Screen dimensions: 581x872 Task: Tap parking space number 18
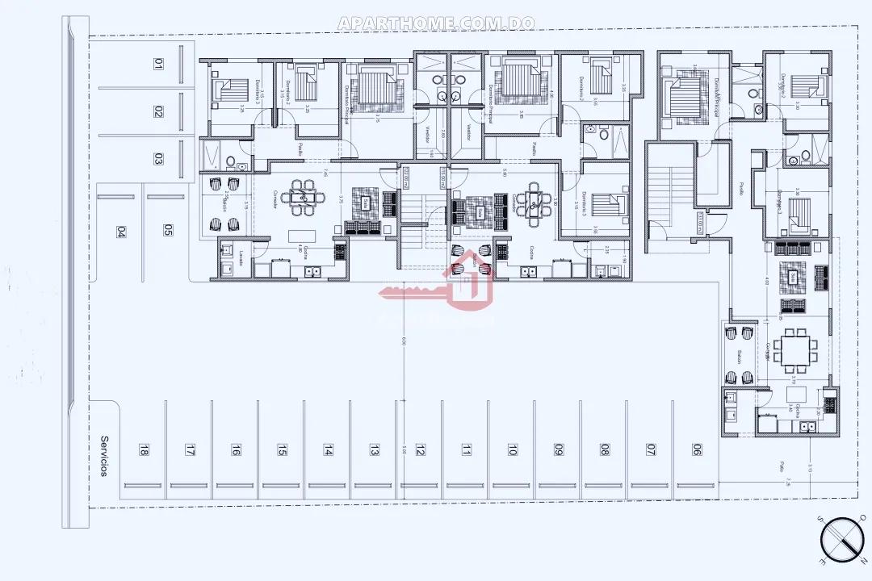click(x=144, y=451)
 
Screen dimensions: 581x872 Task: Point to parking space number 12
click(x=420, y=451)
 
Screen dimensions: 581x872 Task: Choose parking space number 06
click(x=696, y=451)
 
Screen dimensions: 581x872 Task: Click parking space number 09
click(x=558, y=451)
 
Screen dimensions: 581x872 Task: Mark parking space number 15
click(x=282, y=451)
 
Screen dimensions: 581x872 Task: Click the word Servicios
click(x=103, y=457)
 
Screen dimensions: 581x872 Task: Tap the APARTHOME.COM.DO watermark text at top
click(x=436, y=23)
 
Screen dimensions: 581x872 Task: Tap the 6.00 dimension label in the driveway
click(x=403, y=342)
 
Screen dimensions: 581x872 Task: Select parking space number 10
click(x=512, y=451)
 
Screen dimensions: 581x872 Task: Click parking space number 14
click(x=328, y=451)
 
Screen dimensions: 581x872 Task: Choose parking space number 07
click(x=650, y=451)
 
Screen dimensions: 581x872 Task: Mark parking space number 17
click(x=190, y=451)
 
